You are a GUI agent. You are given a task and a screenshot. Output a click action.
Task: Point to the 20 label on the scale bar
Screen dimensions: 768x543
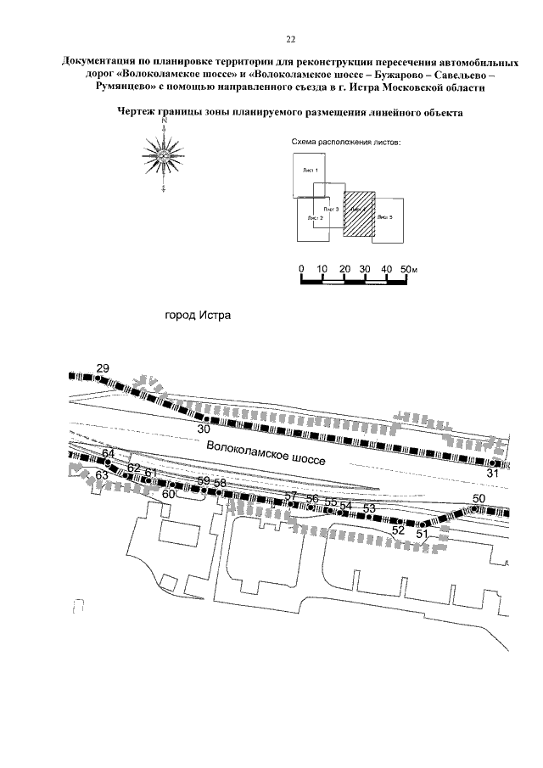(344, 269)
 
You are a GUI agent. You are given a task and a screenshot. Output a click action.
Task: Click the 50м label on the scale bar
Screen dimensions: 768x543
(410, 269)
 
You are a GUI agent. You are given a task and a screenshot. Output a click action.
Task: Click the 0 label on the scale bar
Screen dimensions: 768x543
(301, 269)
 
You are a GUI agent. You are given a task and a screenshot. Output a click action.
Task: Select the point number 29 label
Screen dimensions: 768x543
(103, 367)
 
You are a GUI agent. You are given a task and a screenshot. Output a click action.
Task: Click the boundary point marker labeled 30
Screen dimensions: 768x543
(204, 418)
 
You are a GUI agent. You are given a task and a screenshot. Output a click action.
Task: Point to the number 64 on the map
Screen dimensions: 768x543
(108, 454)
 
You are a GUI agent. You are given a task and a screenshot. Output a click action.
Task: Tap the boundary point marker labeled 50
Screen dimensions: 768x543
(476, 509)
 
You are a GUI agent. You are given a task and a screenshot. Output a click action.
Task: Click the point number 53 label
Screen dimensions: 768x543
(369, 507)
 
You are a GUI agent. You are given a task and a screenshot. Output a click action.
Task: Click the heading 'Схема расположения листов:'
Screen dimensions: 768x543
(344, 142)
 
